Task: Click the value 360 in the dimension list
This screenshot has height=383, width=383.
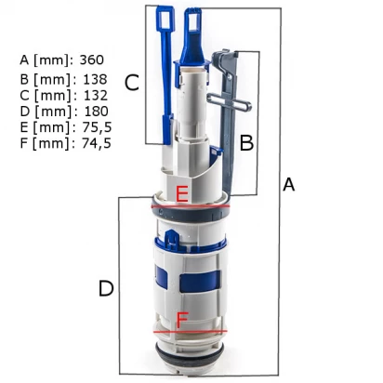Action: coord(92,59)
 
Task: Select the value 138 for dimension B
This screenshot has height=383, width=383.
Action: coord(95,80)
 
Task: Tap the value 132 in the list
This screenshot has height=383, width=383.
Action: coord(96,96)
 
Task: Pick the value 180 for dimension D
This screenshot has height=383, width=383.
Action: coord(97,112)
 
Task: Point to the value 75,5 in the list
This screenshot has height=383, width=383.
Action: coord(97,127)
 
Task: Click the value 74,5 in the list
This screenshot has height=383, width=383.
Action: coord(97,143)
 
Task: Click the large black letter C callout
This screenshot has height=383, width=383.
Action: coord(132,83)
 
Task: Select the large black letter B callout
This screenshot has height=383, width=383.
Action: coord(246,143)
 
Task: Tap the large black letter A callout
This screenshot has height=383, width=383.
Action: coord(288,185)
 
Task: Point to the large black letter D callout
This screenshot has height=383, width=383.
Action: coord(106,288)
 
